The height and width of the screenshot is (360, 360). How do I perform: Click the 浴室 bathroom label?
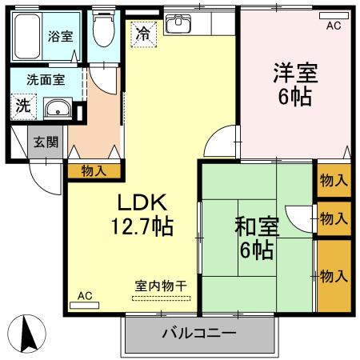pos(60,35)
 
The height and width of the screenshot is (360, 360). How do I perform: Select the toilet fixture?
pos(102,33)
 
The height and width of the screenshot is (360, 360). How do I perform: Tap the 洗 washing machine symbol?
pos(22,104)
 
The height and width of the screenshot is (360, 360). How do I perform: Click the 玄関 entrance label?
pos(46,142)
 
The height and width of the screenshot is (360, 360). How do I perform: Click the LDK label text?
pos(142,201)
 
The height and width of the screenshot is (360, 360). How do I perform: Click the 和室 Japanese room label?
pos(255,226)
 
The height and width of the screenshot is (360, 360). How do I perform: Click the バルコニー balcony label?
pos(199,333)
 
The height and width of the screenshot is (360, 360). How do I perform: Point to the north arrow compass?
pos(26,331)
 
